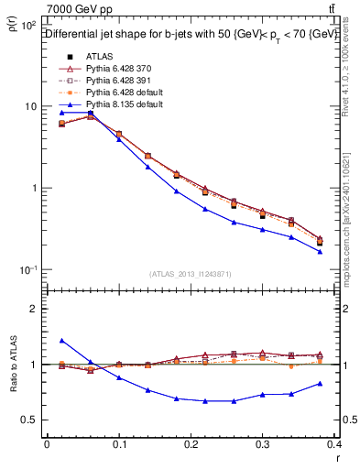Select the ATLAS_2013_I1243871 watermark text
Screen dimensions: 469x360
190,274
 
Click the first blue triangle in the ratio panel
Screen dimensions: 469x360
61,341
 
